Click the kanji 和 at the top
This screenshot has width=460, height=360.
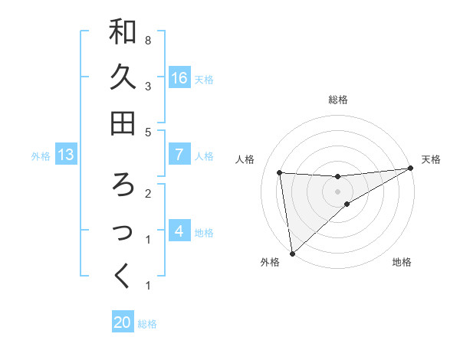pyautogui.click(x=123, y=31)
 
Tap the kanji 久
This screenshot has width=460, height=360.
pyautogui.click(x=123, y=77)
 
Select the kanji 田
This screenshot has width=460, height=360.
pyautogui.click(x=123, y=123)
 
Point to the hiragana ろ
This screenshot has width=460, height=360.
pyautogui.click(x=123, y=185)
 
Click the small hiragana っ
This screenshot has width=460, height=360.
pyautogui.click(x=123, y=232)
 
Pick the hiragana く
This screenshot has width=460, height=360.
pyautogui.click(x=123, y=277)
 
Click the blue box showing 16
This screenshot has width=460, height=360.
pyautogui.click(x=179, y=77)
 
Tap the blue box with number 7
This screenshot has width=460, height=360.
pyautogui.click(x=179, y=155)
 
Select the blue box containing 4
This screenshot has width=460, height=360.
pyautogui.click(x=179, y=231)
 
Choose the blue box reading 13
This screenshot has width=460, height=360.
pyautogui.click(x=66, y=155)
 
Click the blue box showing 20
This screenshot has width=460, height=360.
pyautogui.click(x=123, y=322)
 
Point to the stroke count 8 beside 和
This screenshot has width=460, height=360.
pyautogui.click(x=147, y=39)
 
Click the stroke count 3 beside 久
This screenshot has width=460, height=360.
pyautogui.click(x=147, y=86)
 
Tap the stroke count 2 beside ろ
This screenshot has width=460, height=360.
pyautogui.click(x=147, y=193)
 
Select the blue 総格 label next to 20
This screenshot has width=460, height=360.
pyautogui.click(x=148, y=324)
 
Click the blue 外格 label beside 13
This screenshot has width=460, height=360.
pyautogui.click(x=41, y=156)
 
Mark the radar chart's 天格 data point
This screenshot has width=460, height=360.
pyautogui.click(x=410, y=169)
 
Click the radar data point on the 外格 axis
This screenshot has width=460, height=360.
pyautogui.click(x=291, y=253)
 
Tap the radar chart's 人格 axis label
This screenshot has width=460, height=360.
pyautogui.click(x=246, y=159)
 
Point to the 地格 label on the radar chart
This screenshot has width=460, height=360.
pyautogui.click(x=402, y=263)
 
